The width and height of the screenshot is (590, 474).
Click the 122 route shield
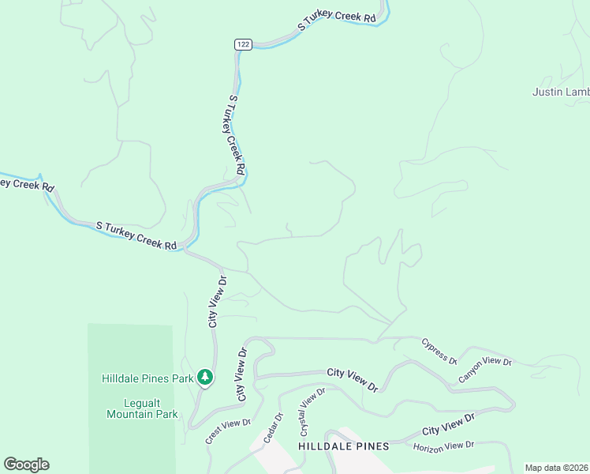click(x=243, y=45)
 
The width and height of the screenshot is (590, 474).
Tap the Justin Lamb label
click(x=561, y=92)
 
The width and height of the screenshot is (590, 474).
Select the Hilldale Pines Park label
click(x=147, y=378)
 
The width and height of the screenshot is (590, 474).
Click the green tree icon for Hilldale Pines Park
click(x=205, y=378)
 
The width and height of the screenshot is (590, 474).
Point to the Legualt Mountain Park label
click(x=143, y=408)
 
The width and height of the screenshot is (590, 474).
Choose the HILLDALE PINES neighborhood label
click(x=344, y=446)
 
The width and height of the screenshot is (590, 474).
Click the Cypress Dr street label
click(x=439, y=351)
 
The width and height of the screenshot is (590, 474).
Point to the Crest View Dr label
click(x=228, y=431)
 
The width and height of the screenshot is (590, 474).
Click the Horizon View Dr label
click(x=443, y=446)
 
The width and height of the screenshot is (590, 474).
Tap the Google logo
click(x=26, y=465)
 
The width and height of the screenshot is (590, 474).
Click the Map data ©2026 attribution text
click(x=556, y=468)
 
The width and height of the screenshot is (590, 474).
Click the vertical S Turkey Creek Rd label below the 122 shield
click(x=235, y=135)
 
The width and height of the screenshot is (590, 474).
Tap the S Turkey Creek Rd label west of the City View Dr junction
click(x=136, y=235)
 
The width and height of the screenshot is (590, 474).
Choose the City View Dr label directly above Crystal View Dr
click(x=353, y=378)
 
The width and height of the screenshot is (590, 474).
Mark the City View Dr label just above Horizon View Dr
click(x=448, y=424)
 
